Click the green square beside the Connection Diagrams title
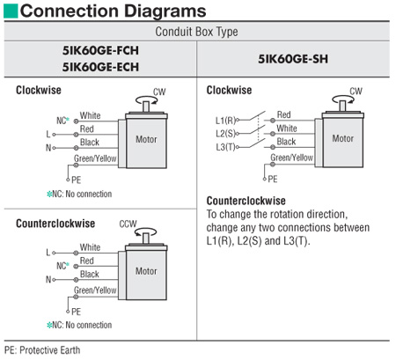click(x=11, y=11)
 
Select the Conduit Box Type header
click(x=196, y=32)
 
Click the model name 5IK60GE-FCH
click(x=100, y=50)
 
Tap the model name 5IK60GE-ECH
click(x=100, y=67)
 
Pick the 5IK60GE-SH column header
click(x=293, y=59)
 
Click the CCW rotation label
click(x=128, y=224)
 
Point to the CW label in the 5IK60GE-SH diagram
click(x=356, y=91)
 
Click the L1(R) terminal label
click(x=225, y=121)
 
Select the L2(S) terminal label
click(x=226, y=134)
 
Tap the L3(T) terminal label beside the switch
click(x=226, y=147)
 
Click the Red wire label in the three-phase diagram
click(x=284, y=114)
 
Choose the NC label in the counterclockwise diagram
click(x=62, y=266)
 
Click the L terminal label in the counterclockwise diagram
click(x=48, y=253)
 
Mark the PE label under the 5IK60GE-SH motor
click(x=273, y=179)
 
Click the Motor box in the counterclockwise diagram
click(x=146, y=273)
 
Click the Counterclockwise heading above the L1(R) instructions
click(x=246, y=201)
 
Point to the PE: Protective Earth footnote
click(x=42, y=350)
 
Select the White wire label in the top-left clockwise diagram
click(x=91, y=115)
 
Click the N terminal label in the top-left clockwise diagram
click(x=48, y=148)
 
